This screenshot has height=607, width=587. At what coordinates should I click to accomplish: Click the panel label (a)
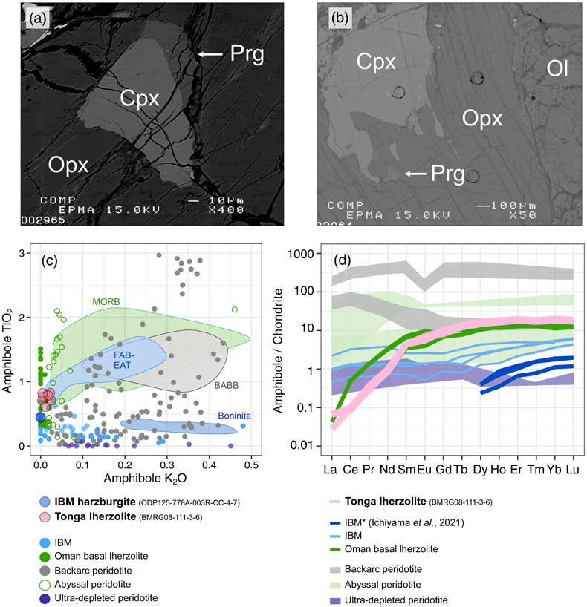(38, 19)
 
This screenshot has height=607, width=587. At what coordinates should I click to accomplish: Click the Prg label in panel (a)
(247, 54)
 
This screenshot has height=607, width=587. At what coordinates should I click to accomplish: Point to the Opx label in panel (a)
(68, 165)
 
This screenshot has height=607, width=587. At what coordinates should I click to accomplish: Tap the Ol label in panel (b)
(557, 69)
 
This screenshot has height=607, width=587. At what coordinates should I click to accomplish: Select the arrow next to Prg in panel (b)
(415, 174)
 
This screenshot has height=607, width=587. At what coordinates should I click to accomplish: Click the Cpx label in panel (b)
(376, 62)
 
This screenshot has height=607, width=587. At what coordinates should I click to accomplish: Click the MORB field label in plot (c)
(106, 301)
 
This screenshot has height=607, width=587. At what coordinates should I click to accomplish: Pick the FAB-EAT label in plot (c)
(123, 360)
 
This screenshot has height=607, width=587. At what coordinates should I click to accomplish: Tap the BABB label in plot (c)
(227, 386)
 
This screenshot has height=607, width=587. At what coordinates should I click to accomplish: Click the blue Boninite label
(234, 416)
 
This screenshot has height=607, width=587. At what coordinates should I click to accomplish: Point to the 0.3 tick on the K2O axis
(167, 465)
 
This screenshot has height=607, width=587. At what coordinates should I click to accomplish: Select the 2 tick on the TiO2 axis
(22, 318)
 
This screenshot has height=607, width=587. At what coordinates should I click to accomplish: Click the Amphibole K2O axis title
(145, 479)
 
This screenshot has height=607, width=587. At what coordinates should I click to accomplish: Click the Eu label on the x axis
(424, 470)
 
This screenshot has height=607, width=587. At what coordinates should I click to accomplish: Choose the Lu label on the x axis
(572, 470)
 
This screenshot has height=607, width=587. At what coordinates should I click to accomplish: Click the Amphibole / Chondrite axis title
(278, 351)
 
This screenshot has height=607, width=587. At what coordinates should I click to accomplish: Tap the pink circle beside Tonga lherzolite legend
(45, 517)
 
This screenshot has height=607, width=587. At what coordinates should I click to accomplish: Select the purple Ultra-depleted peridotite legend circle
(45, 599)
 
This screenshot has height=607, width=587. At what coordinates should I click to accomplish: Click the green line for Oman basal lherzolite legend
(335, 549)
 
